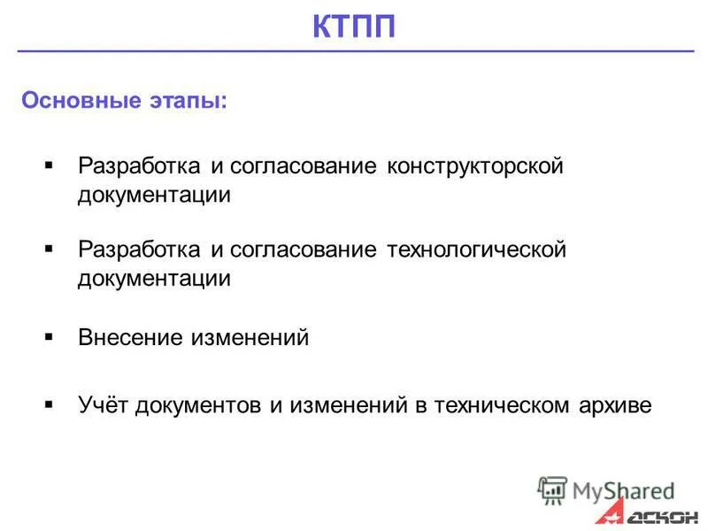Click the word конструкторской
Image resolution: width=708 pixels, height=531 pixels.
click(473, 166)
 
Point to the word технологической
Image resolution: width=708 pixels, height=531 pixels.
click(475, 250)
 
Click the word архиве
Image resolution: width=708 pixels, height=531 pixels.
click(617, 406)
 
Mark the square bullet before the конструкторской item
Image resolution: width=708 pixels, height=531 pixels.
click(49, 165)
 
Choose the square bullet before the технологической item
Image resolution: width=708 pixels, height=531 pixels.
click(49, 249)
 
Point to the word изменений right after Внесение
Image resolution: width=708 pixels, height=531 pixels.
click(251, 337)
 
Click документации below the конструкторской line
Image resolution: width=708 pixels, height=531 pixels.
click(155, 195)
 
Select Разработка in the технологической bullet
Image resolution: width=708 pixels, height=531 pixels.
click(140, 250)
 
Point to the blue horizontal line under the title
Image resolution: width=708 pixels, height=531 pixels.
click(354, 52)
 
